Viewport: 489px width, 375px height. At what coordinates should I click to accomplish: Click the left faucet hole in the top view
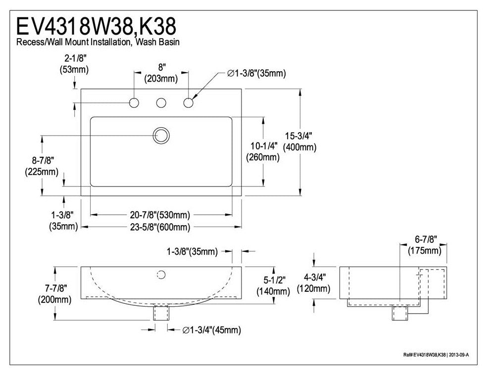click(134, 103)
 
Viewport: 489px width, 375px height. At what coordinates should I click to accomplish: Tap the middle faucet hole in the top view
click(161, 103)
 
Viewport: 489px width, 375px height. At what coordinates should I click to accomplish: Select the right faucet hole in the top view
click(188, 103)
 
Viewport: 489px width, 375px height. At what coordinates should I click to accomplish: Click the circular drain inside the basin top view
click(161, 135)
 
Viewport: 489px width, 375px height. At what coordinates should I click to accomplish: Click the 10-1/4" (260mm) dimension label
click(263, 152)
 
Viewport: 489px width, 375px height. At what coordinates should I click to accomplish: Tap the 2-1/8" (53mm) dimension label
click(74, 64)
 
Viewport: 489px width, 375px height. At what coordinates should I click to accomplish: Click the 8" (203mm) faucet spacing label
click(161, 73)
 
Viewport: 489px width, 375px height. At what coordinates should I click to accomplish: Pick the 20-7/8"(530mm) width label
click(161, 215)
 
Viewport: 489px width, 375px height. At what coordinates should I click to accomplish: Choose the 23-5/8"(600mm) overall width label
click(161, 227)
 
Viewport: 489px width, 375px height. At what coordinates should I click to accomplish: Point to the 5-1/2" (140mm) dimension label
click(273, 286)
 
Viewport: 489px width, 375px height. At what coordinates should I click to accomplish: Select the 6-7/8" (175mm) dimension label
click(425, 245)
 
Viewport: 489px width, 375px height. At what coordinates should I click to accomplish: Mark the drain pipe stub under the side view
click(399, 314)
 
